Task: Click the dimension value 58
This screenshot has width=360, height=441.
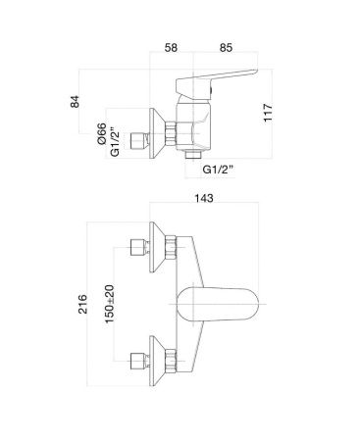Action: (x=171, y=48)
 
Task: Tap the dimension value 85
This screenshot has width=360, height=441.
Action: (x=226, y=48)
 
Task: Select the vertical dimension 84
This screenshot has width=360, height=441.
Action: (x=75, y=102)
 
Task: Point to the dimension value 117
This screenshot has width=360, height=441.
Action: (x=268, y=113)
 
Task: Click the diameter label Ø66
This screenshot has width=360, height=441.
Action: (x=102, y=133)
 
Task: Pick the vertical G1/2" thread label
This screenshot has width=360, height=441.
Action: (x=115, y=144)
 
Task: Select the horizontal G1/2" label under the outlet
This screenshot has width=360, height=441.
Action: (x=218, y=170)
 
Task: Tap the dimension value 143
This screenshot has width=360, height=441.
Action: (x=204, y=198)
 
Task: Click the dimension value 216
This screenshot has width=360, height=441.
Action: (x=82, y=304)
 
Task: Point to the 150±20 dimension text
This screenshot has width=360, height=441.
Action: (x=110, y=304)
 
